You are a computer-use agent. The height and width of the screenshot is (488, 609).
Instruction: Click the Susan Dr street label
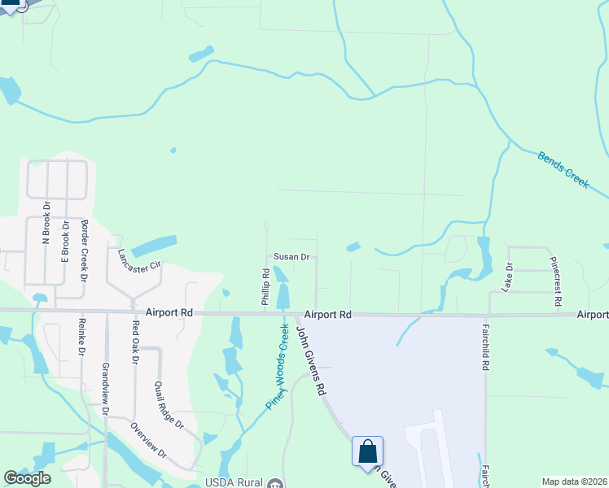(291, 257)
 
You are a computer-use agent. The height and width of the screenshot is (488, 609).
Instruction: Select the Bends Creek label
(563, 169)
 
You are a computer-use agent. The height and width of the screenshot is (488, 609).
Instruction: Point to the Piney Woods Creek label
(278, 366)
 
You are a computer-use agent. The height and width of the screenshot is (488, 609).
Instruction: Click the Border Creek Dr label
(84, 250)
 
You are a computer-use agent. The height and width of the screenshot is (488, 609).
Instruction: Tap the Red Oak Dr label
(136, 342)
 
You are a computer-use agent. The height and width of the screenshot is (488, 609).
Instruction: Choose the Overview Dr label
(148, 440)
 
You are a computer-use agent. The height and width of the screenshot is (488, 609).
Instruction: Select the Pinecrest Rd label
(556, 282)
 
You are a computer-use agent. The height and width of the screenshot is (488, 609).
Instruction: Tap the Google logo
(27, 478)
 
